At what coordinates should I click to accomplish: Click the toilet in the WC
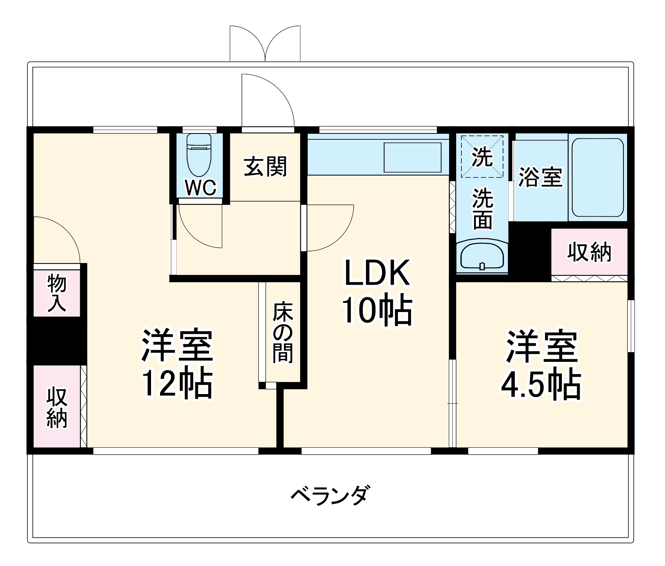click(199, 155)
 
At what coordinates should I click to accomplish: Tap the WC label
click(200, 188)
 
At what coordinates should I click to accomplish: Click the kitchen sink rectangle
click(413, 157)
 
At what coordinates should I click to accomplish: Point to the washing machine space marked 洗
click(482, 157)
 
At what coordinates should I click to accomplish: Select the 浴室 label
click(540, 177)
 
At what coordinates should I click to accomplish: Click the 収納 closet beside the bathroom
click(589, 252)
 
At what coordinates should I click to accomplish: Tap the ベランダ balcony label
click(330, 495)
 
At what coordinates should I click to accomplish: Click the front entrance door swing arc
click(268, 100)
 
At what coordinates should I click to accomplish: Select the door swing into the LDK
click(329, 228)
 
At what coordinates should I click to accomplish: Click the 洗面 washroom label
click(482, 209)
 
